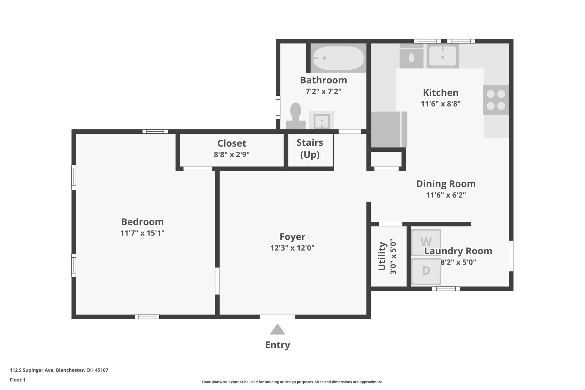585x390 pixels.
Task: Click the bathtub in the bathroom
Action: [338, 58]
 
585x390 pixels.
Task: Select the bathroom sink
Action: [322, 121]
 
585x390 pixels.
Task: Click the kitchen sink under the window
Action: [442, 57]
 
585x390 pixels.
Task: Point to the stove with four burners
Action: [496, 100]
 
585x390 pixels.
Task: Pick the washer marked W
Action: [426, 242]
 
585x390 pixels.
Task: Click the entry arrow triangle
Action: [277, 330]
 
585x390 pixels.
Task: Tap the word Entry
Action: [277, 345]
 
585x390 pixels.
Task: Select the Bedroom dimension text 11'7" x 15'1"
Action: [142, 233]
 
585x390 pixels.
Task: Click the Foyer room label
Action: [292, 237]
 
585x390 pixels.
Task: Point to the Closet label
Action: [232, 143]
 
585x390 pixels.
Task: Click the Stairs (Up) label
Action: [310, 149]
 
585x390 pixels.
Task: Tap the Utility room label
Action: [382, 256]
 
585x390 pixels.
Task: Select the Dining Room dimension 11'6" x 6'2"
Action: [446, 195]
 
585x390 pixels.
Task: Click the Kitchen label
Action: [440, 93]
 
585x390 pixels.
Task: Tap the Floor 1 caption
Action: [17, 380]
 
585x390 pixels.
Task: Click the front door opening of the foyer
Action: [277, 317]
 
